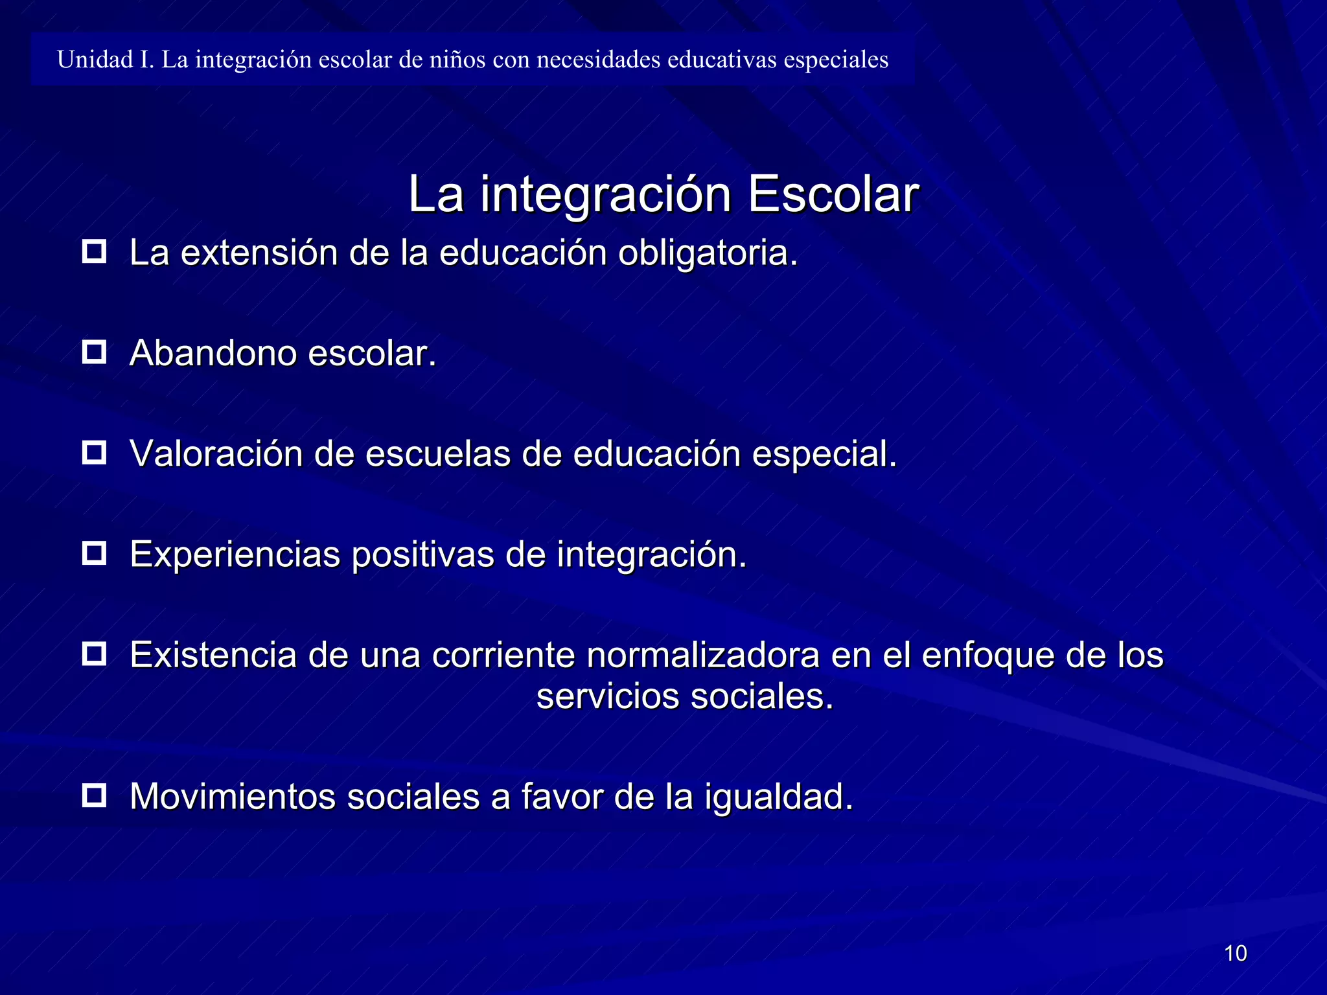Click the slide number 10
coord(1235,954)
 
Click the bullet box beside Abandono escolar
coord(95,352)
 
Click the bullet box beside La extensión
coord(95,251)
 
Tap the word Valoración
coord(216,453)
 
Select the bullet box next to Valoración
coord(95,452)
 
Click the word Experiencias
coord(235,555)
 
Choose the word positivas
coord(422,555)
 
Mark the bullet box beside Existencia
coord(95,654)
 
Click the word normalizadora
coord(703,655)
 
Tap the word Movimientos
coord(233,797)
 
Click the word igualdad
coord(778,797)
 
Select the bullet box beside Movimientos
coord(95,795)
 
